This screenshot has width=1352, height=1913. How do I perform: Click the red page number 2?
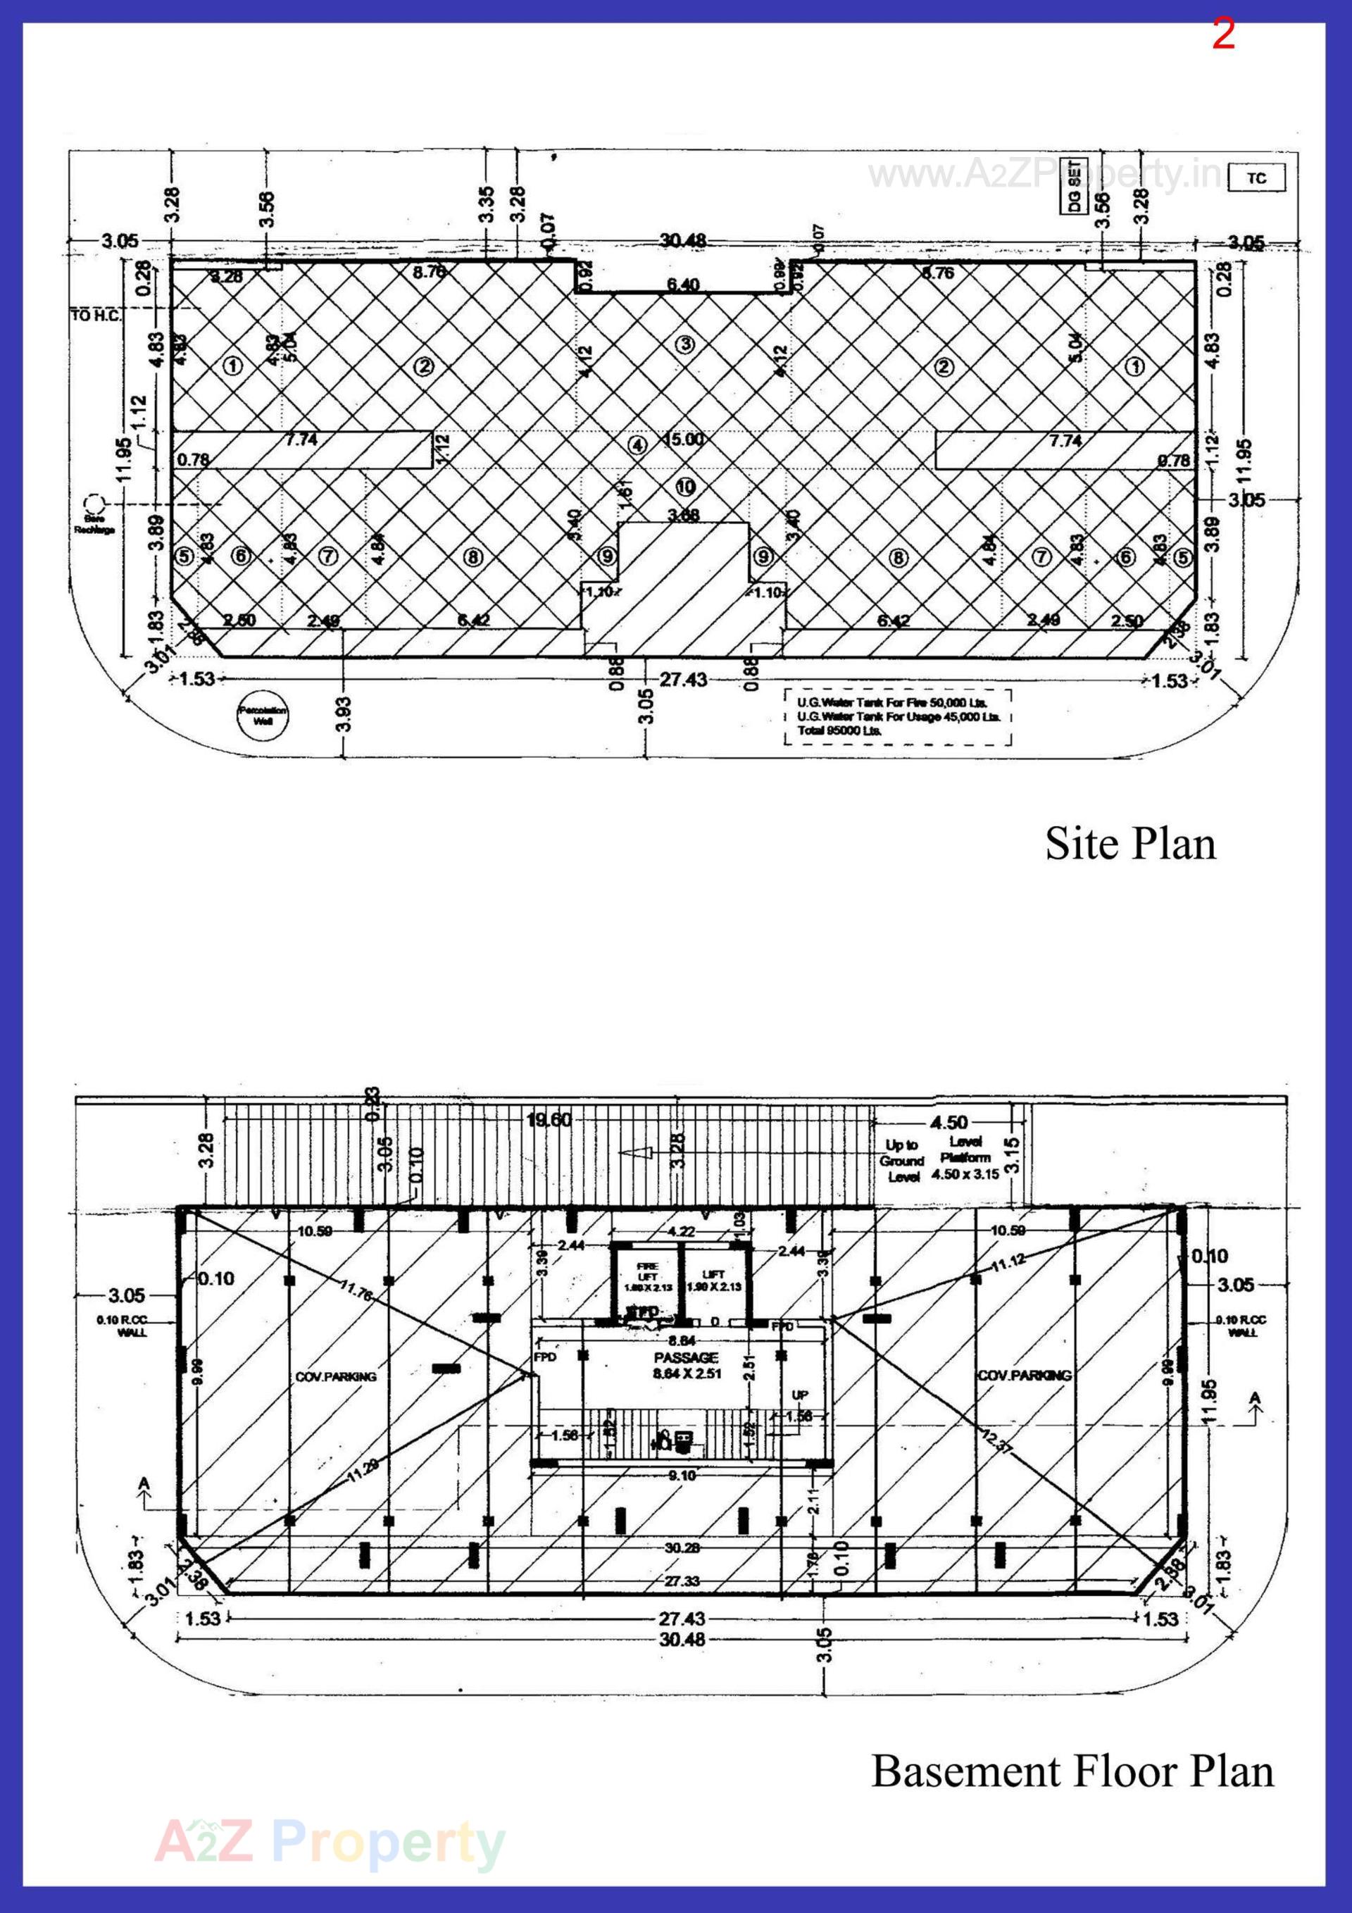click(1223, 35)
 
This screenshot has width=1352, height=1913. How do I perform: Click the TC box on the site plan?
click(1256, 178)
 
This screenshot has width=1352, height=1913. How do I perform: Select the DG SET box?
click(1074, 187)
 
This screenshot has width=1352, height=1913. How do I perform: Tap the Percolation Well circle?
click(263, 716)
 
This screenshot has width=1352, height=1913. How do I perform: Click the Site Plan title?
click(1129, 843)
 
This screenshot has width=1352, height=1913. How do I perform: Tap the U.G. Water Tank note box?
click(897, 716)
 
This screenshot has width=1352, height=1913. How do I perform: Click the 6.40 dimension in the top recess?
click(683, 284)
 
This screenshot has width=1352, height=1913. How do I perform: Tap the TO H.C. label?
click(95, 316)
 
